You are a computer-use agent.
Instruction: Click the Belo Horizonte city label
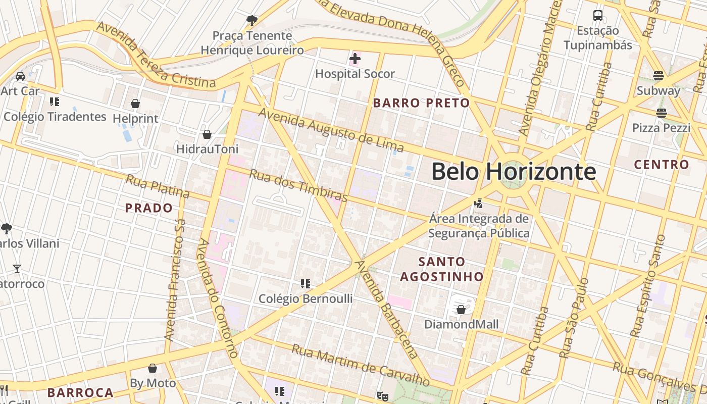pyautogui.click(x=513, y=172)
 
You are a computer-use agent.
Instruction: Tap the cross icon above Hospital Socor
pyautogui.click(x=355, y=59)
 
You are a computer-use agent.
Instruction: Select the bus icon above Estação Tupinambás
pyautogui.click(x=598, y=16)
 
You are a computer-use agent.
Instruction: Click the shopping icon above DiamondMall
pyautogui.click(x=461, y=309)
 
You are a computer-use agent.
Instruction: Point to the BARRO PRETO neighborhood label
pyautogui.click(x=421, y=103)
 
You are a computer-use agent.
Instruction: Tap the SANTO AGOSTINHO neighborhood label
pyautogui.click(x=442, y=269)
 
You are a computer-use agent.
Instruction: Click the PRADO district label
pyautogui.click(x=148, y=208)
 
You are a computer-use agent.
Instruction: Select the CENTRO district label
pyautogui.click(x=662, y=164)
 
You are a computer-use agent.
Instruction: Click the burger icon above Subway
pyautogui.click(x=658, y=76)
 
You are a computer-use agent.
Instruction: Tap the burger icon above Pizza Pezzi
pyautogui.click(x=661, y=113)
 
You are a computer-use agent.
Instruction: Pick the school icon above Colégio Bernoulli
pyautogui.click(x=305, y=284)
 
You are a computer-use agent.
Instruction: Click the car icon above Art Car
pyautogui.click(x=20, y=76)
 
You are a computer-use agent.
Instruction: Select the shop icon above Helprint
pyautogui.click(x=135, y=104)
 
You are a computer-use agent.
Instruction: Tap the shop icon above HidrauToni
pyautogui.click(x=207, y=134)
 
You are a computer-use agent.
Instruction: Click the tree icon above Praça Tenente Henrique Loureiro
pyautogui.click(x=251, y=21)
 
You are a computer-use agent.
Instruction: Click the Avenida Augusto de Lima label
pyautogui.click(x=331, y=130)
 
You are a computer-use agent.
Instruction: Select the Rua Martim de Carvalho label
pyautogui.click(x=361, y=364)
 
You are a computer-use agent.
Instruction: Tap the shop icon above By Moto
pyautogui.click(x=153, y=368)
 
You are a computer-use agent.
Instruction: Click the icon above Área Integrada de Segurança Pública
pyautogui.click(x=478, y=204)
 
